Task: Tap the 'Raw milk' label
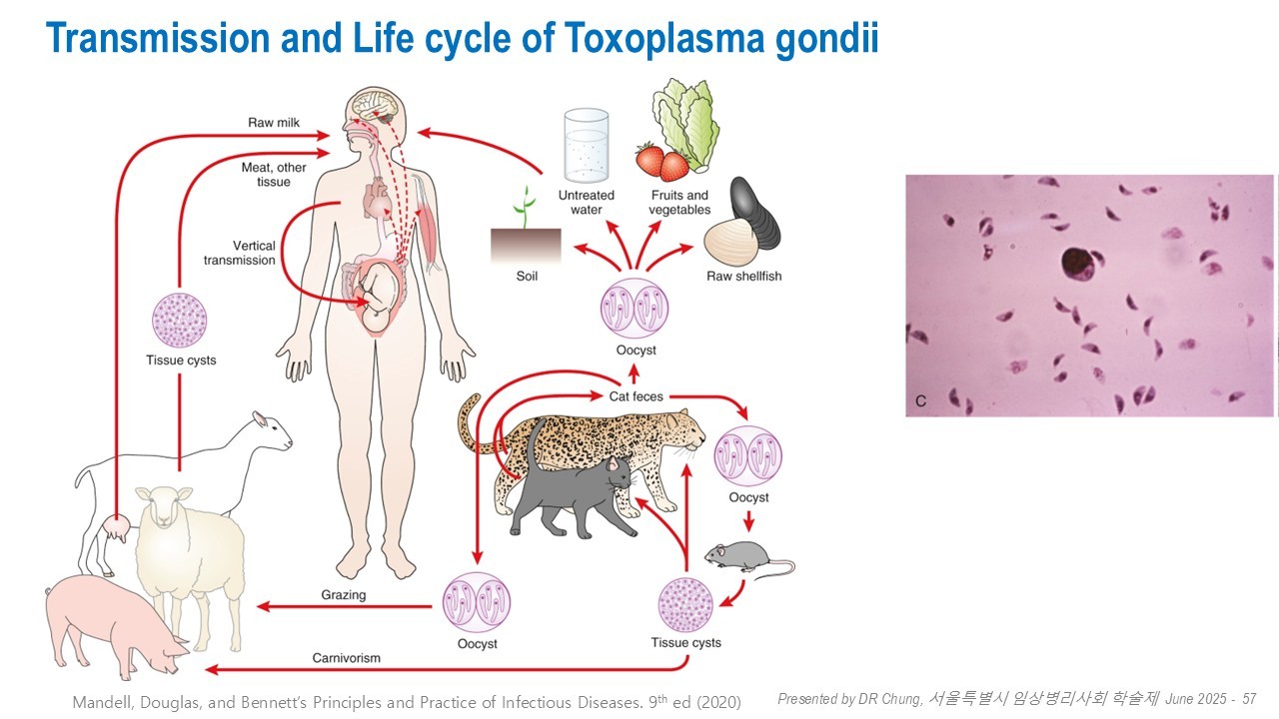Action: (274, 123)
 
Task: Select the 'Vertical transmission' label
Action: (240, 253)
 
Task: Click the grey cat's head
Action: (620, 473)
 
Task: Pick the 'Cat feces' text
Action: (637, 396)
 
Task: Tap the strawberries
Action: (661, 161)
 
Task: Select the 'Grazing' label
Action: (344, 595)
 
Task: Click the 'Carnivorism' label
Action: (346, 658)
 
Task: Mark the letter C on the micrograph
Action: (920, 401)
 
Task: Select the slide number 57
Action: (1248, 698)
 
